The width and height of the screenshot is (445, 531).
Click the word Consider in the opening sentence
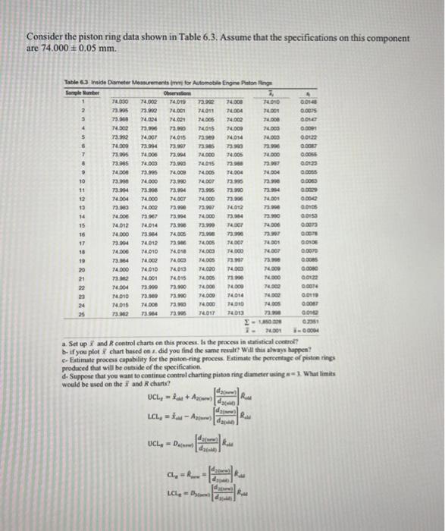pyautogui.click(x=45, y=36)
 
